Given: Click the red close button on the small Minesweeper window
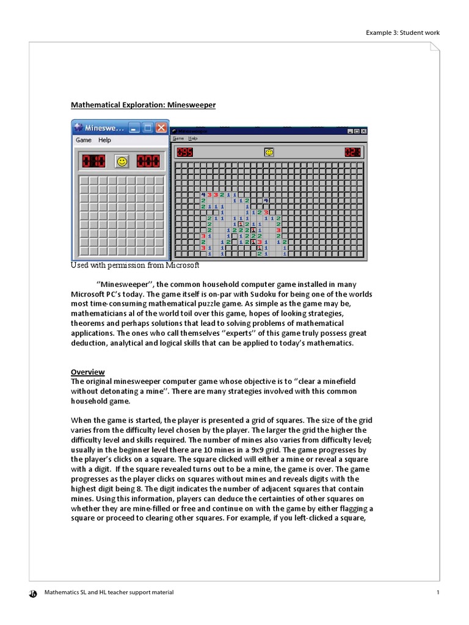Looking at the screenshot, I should [x=161, y=128].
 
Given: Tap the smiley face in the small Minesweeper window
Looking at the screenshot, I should [x=122, y=161].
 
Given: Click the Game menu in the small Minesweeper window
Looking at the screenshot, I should [x=84, y=140].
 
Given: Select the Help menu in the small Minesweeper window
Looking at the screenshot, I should [x=105, y=140].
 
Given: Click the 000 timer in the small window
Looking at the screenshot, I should [x=148, y=161].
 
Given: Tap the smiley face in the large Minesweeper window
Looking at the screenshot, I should [x=269, y=152].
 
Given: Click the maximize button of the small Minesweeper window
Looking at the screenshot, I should [x=147, y=128].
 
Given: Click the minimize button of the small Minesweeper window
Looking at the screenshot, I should [x=134, y=128].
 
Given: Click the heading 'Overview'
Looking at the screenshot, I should [x=87, y=372].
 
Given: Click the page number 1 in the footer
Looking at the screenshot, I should [x=438, y=592].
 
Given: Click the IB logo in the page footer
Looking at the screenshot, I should [x=32, y=593].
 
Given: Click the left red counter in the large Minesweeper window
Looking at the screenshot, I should [x=184, y=152].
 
